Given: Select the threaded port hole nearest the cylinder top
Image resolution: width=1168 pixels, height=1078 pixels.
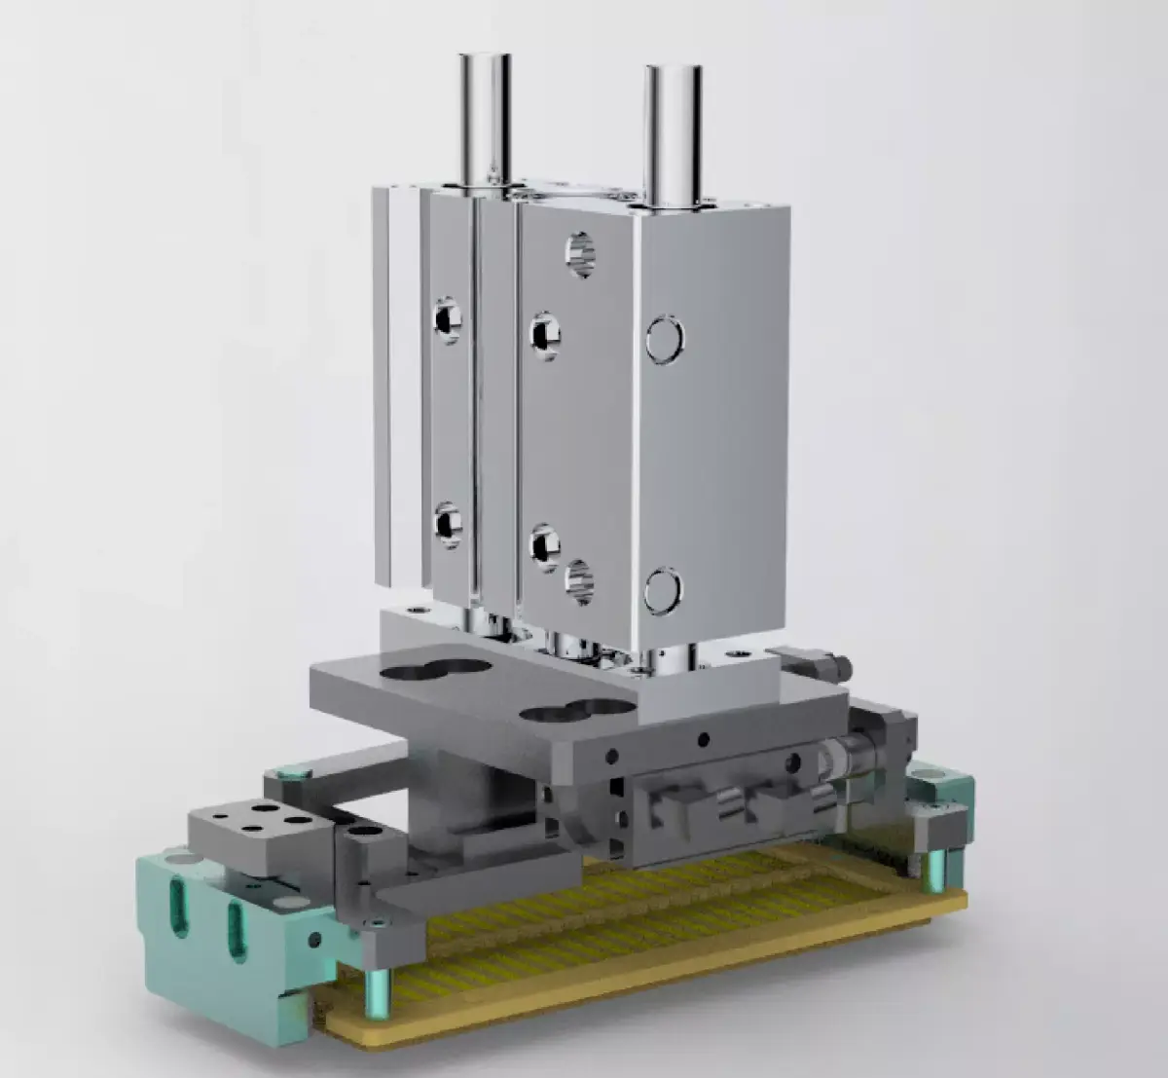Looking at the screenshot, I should pyautogui.click(x=580, y=254).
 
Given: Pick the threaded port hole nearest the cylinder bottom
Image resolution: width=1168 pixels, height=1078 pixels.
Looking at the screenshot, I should pyautogui.click(x=581, y=581).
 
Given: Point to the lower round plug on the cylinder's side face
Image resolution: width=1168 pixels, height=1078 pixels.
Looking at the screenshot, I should pyautogui.click(x=663, y=591).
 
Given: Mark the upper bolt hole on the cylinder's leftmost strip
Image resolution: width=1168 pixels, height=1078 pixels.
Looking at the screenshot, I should pyautogui.click(x=448, y=318).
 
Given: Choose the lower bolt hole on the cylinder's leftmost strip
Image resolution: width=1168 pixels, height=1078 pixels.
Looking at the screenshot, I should pyautogui.click(x=448, y=523).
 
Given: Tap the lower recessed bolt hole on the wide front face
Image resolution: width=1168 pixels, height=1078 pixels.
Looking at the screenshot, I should pyautogui.click(x=543, y=545).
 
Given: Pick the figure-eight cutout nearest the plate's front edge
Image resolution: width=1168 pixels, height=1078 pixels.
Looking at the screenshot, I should pyautogui.click(x=575, y=711).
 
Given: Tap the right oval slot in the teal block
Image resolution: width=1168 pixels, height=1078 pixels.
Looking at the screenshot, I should pyautogui.click(x=237, y=931).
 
